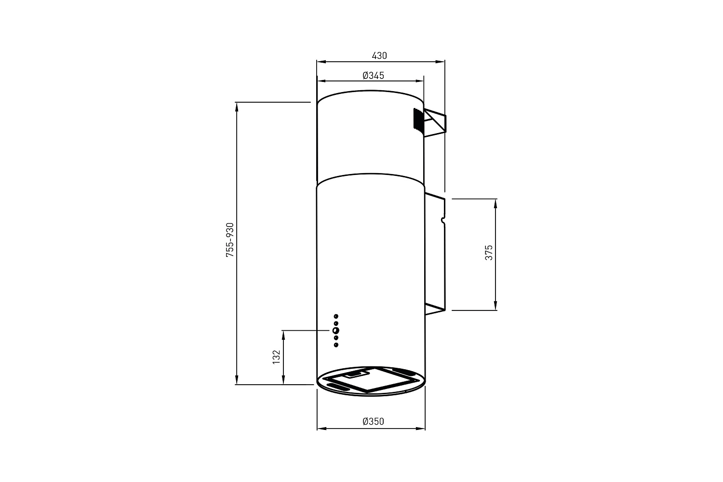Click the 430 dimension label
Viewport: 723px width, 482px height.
point(379,56)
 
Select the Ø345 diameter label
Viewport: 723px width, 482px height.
point(374,76)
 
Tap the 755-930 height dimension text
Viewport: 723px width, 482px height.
point(230,240)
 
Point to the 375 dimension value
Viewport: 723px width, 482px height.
point(489,253)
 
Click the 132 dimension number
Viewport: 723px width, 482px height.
point(276,357)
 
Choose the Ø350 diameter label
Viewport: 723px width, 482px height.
point(374,421)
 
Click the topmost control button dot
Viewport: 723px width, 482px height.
point(336,316)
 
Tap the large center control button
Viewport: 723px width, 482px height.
point(335,330)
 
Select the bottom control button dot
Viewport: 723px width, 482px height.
point(336,345)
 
